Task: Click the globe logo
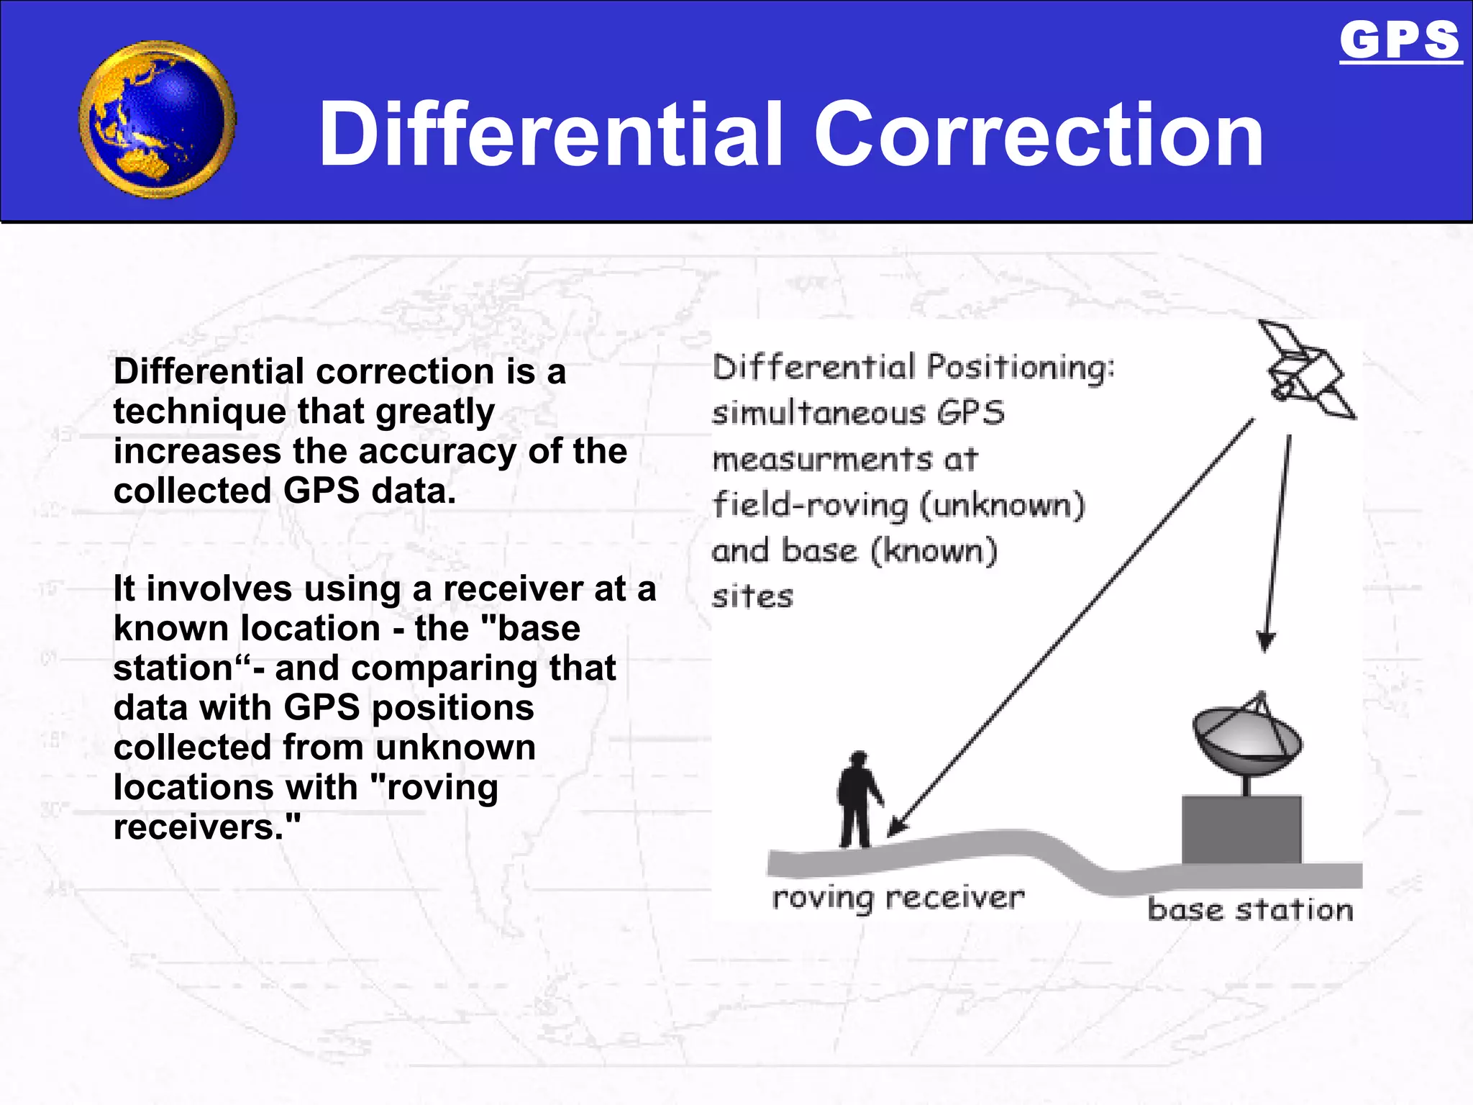[x=158, y=120]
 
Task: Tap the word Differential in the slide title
[x=551, y=135]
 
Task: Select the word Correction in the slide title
[x=1039, y=135]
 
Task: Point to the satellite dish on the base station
[x=1246, y=741]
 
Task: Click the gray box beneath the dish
[x=1241, y=829]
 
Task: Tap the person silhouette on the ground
[x=858, y=800]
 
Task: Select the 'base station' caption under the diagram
[x=1250, y=910]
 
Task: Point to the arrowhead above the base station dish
[x=1266, y=640]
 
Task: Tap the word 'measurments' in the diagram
[x=822, y=460]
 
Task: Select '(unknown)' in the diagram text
[x=1003, y=505]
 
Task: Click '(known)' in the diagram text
[x=934, y=551]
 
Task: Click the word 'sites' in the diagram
[x=752, y=597]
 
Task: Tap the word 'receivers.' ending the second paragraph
[x=206, y=827]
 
